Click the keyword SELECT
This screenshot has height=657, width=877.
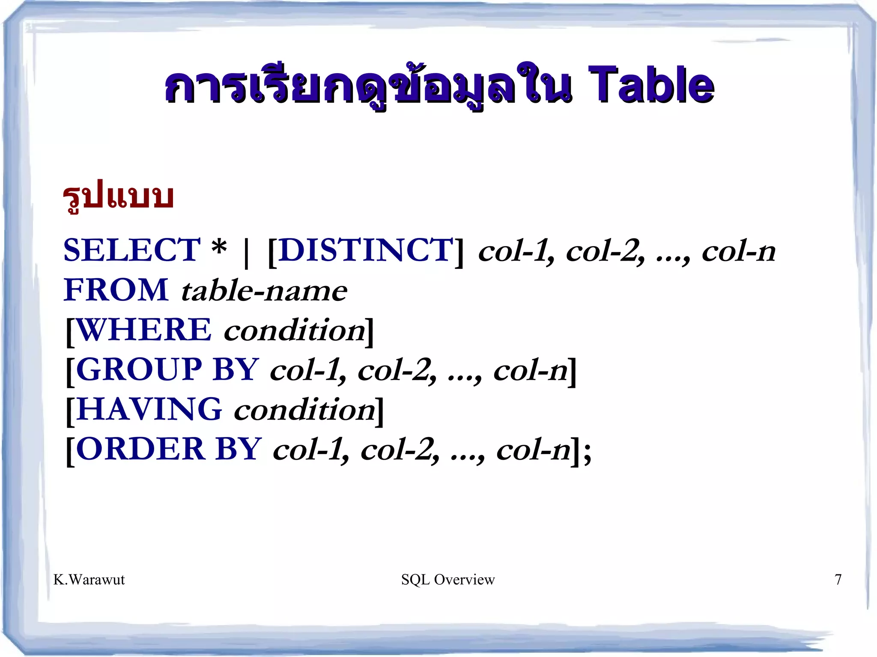point(132,250)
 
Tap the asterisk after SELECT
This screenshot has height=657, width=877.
point(219,248)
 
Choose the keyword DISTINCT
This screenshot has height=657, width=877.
point(366,250)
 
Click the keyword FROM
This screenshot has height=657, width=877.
point(116,290)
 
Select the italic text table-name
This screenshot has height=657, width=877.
point(264,291)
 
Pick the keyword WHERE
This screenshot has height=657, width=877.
point(144,330)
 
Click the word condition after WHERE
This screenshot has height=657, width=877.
point(295,330)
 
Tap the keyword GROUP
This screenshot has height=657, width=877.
point(139,369)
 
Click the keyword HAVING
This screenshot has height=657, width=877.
point(149,409)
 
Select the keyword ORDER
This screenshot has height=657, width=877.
point(140,449)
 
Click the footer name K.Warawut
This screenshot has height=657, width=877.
point(89,580)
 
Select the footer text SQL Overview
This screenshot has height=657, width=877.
point(448,580)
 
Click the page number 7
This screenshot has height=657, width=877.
point(838,580)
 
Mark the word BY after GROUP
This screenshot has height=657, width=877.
point(236,369)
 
